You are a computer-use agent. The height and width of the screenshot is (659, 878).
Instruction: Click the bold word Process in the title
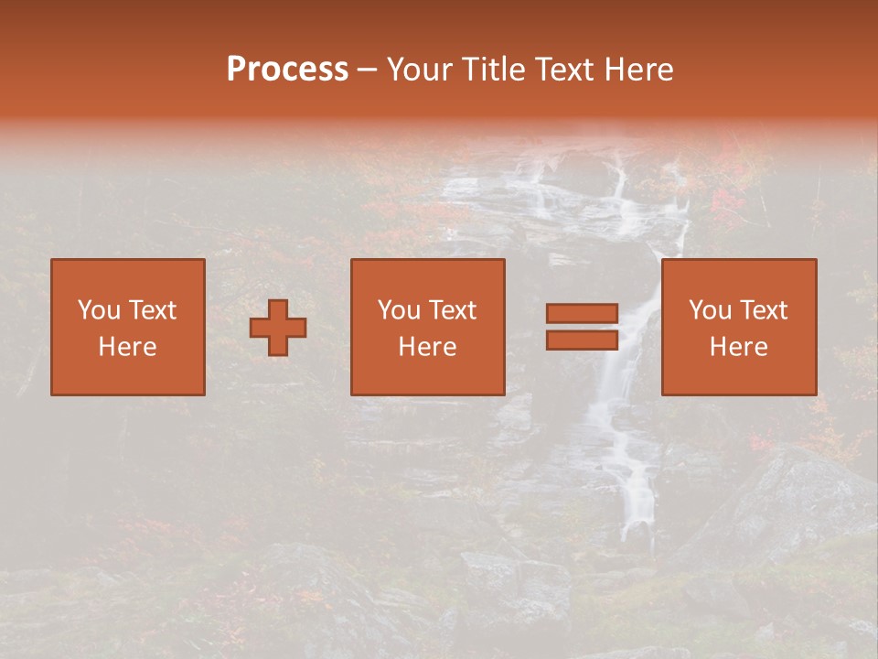(287, 70)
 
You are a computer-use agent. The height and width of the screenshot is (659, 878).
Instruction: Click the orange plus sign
(278, 328)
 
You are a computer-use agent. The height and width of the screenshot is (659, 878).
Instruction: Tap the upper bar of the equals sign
(582, 314)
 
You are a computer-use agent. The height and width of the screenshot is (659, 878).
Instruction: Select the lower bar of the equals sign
(582, 340)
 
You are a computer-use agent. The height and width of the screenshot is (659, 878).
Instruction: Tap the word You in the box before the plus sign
(98, 310)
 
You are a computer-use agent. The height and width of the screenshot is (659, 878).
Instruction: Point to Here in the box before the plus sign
(127, 347)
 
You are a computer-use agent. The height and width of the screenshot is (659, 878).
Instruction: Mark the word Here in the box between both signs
(427, 347)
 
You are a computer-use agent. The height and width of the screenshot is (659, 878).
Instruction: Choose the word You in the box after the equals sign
(709, 310)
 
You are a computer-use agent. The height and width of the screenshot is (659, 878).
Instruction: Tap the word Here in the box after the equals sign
(738, 347)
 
